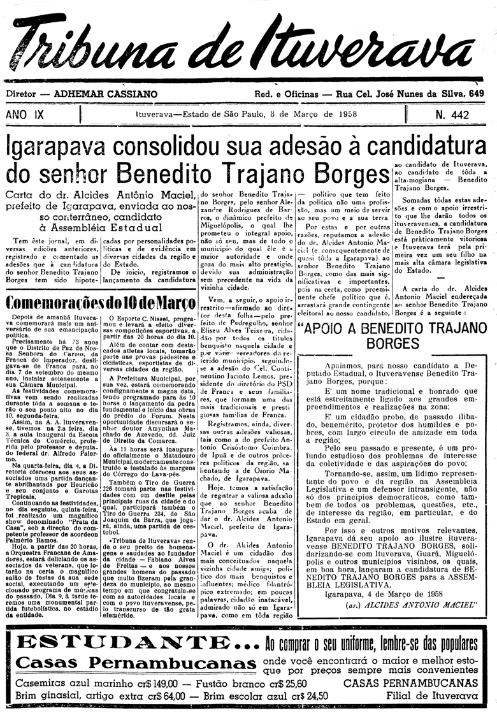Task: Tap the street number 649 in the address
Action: (475, 94)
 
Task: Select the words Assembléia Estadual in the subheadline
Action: (104, 226)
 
